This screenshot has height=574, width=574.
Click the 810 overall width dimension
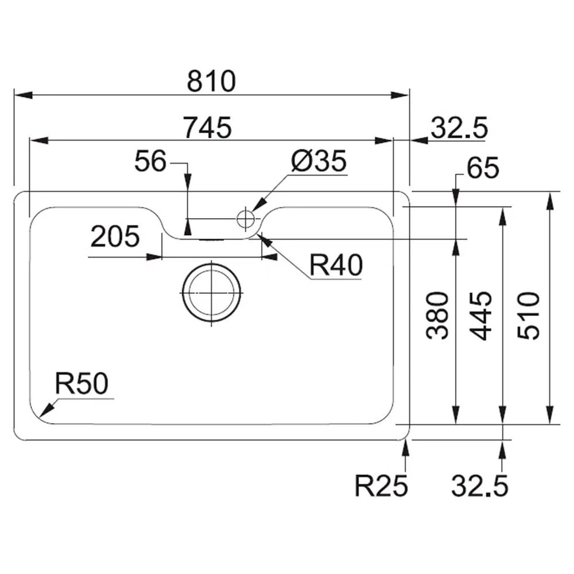pos(211,82)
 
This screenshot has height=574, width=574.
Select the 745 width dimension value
pos(207,127)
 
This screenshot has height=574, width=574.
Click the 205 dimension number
pos(115,236)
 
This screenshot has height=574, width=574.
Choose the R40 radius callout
pos(336,266)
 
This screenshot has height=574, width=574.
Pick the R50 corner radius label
pos(81,383)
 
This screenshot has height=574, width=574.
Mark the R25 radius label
pos(381,487)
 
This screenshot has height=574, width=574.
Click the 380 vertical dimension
pos(438,316)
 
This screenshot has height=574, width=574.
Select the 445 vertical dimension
pos(480,316)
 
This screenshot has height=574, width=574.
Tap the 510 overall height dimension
pos(529,316)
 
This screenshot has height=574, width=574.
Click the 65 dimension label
pos(483,169)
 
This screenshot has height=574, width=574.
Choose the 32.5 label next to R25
pos(479,487)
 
